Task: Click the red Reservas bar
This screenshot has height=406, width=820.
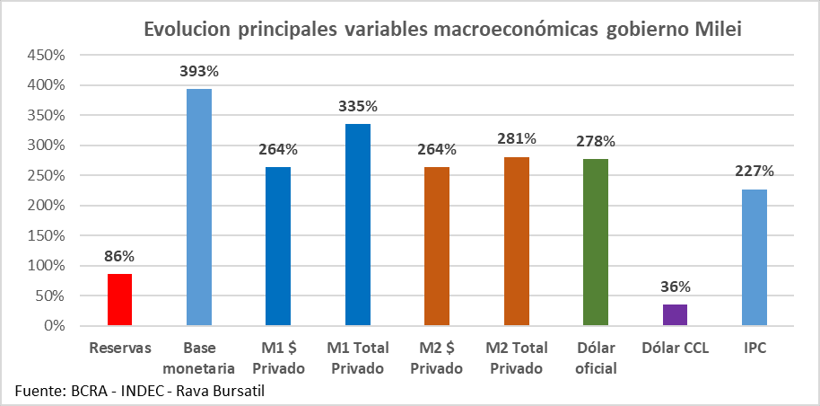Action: (x=119, y=299)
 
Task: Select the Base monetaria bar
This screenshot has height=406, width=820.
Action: (x=198, y=207)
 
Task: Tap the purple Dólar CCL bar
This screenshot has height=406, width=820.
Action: (x=675, y=314)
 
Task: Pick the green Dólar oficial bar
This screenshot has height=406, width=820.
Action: (x=595, y=242)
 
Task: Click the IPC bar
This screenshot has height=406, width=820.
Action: (x=755, y=257)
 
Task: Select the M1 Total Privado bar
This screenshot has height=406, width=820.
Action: (x=357, y=225)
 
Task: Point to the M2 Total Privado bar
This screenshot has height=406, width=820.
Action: (x=516, y=241)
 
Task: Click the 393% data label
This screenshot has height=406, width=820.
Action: (x=199, y=70)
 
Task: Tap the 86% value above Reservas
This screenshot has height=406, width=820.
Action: (x=119, y=256)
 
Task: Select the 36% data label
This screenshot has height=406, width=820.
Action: (x=676, y=287)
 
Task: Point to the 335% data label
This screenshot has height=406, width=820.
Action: (x=358, y=106)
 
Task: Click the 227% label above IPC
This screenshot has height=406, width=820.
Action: (x=755, y=171)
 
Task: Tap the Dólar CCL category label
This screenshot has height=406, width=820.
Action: (x=675, y=348)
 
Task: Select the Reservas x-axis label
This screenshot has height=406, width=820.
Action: (x=119, y=348)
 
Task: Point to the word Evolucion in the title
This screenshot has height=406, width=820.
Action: (x=188, y=30)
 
